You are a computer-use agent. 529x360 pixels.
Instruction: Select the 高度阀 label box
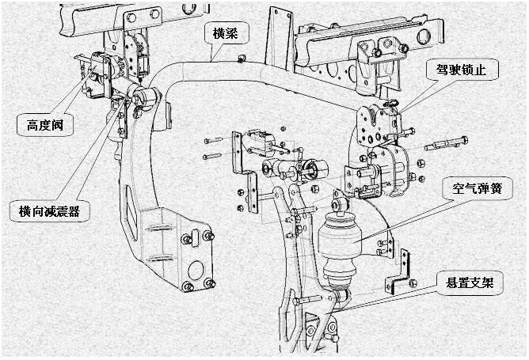coord(43,123)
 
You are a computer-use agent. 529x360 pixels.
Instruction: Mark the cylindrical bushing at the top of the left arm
coord(149,99)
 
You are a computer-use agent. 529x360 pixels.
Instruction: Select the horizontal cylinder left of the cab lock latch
coord(297,169)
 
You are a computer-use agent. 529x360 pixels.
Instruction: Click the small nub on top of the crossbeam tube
coord(240,58)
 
